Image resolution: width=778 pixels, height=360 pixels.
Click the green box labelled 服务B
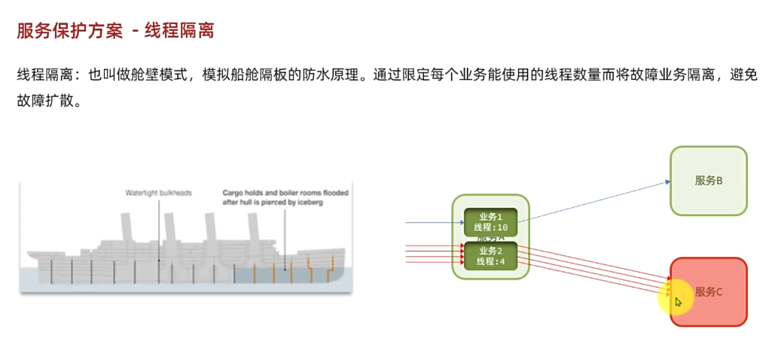709,181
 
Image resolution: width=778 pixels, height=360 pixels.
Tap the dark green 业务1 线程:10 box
491,222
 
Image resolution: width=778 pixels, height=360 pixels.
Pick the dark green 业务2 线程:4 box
491,256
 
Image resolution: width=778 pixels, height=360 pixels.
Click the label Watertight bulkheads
158,193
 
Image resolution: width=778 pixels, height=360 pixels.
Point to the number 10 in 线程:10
502,227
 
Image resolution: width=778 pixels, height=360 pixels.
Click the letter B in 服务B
720,181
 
